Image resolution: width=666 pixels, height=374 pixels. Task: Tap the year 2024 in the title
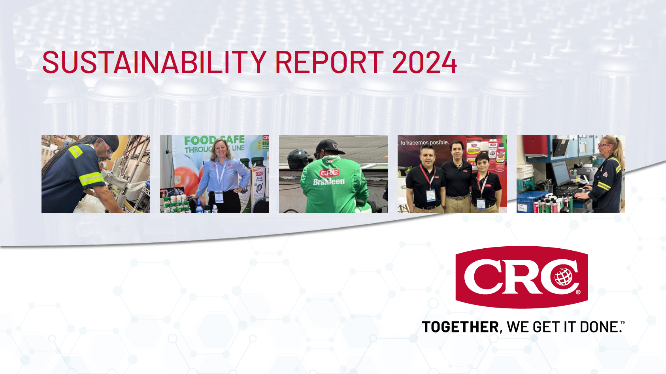pos(424,62)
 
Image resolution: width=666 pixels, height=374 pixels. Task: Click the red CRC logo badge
pos(521,277)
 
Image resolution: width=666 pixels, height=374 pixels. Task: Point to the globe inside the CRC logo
pos(564,276)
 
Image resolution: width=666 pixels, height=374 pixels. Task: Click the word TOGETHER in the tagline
pos(460,327)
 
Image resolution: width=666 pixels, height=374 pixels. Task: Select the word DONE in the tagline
pos(599,327)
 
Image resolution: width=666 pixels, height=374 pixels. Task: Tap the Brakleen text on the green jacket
pos(329,181)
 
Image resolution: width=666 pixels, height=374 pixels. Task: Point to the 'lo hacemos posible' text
pos(425,142)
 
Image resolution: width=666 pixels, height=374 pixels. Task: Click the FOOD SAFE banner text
pos(214,140)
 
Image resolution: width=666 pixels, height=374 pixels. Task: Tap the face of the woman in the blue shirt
pos(220,148)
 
